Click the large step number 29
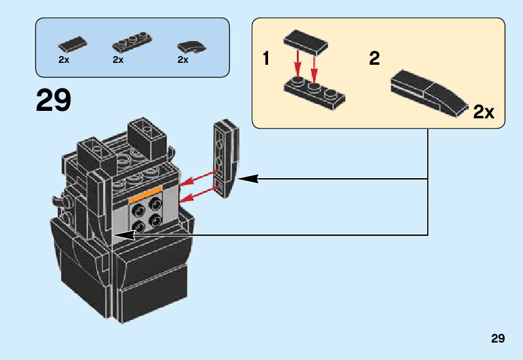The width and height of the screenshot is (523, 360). [x=54, y=100]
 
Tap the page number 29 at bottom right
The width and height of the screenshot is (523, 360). [x=497, y=339]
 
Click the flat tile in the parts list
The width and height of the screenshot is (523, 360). [x=72, y=45]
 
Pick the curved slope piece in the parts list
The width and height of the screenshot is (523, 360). [x=190, y=45]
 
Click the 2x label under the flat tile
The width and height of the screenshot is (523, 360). [x=64, y=60]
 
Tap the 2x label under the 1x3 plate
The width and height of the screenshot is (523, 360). [x=118, y=60]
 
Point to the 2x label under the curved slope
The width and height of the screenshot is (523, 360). [x=183, y=60]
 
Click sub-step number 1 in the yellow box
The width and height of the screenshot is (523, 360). [x=266, y=60]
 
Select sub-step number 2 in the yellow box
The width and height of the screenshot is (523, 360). [x=374, y=59]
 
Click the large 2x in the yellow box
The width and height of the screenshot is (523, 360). [x=483, y=113]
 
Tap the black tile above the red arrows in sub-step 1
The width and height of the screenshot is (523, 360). [x=306, y=42]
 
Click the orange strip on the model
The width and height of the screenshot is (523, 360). [x=145, y=194]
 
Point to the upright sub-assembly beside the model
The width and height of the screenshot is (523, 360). [x=226, y=159]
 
